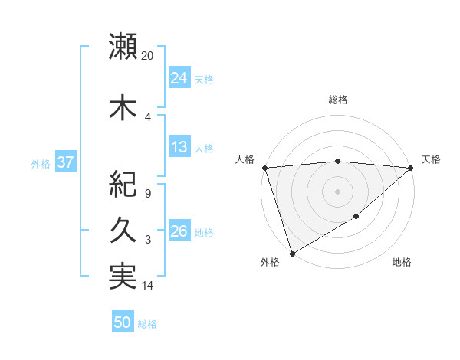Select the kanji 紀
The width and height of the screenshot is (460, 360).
[x=123, y=185]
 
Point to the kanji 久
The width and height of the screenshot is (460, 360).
[x=123, y=231]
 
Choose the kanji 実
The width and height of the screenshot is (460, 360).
[x=123, y=277]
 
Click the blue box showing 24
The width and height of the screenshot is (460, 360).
[x=179, y=78]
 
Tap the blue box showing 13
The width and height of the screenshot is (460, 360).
[x=179, y=147]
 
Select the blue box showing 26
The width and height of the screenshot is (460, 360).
[x=179, y=231]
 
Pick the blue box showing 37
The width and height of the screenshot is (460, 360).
[x=65, y=162]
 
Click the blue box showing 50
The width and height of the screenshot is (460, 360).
[x=123, y=322]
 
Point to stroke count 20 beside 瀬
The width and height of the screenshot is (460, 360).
[x=148, y=55]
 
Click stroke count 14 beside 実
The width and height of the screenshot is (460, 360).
[x=148, y=286]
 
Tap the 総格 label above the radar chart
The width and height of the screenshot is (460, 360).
[x=338, y=100]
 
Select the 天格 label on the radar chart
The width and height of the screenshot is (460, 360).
[x=432, y=159]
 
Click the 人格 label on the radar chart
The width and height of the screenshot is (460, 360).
[x=245, y=159]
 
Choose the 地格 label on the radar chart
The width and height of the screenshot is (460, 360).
[x=402, y=262]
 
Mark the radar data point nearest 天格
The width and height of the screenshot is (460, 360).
[x=412, y=168]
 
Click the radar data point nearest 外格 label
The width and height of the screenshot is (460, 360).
[x=291, y=253]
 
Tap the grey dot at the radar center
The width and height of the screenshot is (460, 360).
[x=337, y=191]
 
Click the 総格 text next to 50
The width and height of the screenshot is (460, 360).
[x=147, y=324]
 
